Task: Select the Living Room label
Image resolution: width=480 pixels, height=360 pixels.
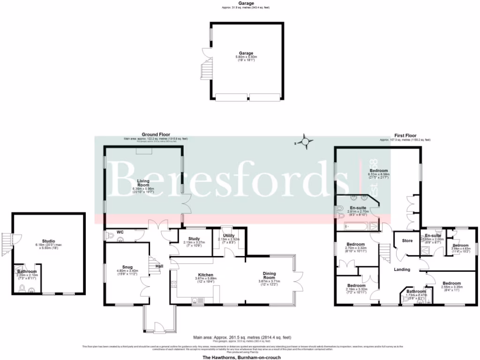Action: tap(143, 183)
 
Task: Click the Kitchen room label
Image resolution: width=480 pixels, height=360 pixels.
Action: tap(205, 275)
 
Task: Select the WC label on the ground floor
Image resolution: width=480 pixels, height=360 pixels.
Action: tap(120, 232)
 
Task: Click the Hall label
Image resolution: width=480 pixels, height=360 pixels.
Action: tap(159, 266)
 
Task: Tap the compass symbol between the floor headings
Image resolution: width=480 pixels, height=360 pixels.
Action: tap(306, 141)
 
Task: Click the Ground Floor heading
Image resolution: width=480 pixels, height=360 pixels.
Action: tap(156, 134)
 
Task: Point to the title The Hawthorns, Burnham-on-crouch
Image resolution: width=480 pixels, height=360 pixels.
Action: tap(242, 357)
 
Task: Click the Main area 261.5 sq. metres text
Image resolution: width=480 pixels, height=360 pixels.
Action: tap(242, 337)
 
